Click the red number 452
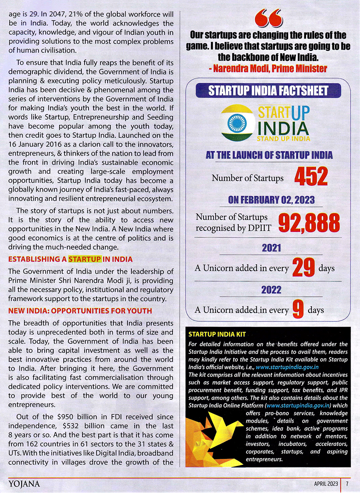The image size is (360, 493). point(311,176)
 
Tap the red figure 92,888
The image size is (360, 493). point(309,223)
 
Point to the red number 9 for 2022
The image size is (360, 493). point(298,309)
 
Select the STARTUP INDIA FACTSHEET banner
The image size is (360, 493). point(268,91)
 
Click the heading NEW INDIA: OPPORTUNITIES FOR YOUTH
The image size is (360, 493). point(80,311)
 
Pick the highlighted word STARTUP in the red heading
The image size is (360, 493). point(85,259)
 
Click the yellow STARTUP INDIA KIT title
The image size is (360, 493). point(217,334)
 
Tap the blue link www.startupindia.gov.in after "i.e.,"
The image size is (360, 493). point(287,367)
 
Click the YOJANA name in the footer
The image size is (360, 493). point(24,484)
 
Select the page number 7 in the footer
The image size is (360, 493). point(347,484)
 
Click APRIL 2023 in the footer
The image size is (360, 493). point(326,484)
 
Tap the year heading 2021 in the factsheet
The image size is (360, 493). point(271,248)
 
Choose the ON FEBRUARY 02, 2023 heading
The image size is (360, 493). point(271,200)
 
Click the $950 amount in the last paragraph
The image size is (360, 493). point(65,417)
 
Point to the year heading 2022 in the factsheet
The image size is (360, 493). point(271,290)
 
